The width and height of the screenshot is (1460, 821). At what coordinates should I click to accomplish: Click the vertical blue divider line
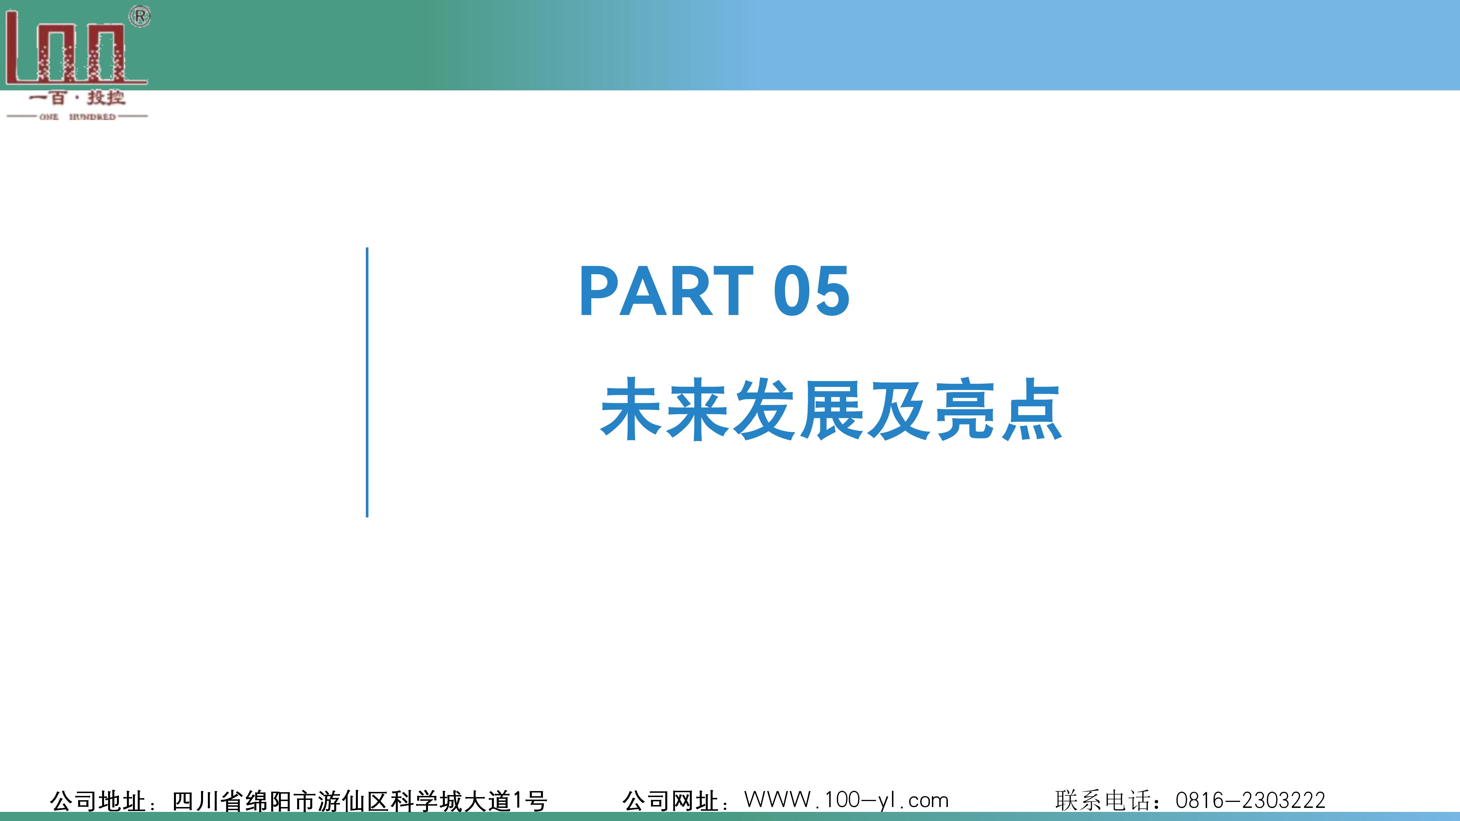[367, 383]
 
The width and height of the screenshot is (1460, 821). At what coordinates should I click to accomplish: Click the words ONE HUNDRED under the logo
[78, 117]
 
